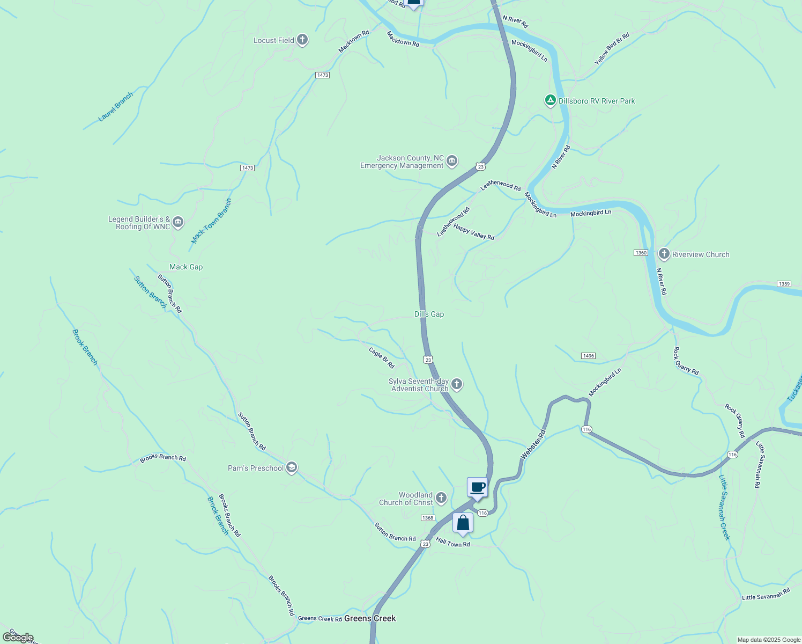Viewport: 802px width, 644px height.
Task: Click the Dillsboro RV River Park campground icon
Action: click(x=550, y=100)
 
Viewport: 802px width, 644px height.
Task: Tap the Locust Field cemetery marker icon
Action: click(x=302, y=40)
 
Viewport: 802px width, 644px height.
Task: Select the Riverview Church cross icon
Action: click(x=664, y=254)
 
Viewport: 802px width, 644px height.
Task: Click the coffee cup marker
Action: click(x=477, y=488)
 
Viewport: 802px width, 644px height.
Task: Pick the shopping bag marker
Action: click(x=463, y=523)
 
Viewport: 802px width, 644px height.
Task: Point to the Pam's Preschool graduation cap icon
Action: click(x=292, y=468)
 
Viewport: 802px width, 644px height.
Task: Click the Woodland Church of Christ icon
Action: click(x=441, y=498)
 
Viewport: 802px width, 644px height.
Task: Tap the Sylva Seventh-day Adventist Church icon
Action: click(x=457, y=384)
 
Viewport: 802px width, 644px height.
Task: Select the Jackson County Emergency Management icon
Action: click(x=452, y=161)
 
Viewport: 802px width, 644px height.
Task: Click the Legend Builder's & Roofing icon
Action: click(x=178, y=222)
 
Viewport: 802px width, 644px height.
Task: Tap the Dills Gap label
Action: click(x=429, y=314)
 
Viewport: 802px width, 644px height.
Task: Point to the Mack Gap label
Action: click(x=186, y=267)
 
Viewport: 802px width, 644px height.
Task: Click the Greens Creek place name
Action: click(x=370, y=618)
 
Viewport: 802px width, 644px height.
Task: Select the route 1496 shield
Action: click(x=588, y=356)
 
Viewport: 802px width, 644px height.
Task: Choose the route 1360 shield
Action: click(x=641, y=253)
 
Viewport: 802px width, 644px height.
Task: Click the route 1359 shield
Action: click(x=784, y=284)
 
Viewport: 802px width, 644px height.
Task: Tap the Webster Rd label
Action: click(x=533, y=444)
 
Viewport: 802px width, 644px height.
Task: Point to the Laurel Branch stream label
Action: click(x=116, y=107)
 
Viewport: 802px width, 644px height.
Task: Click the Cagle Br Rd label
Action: click(x=382, y=357)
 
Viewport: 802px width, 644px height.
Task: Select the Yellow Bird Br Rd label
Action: click(x=612, y=49)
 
